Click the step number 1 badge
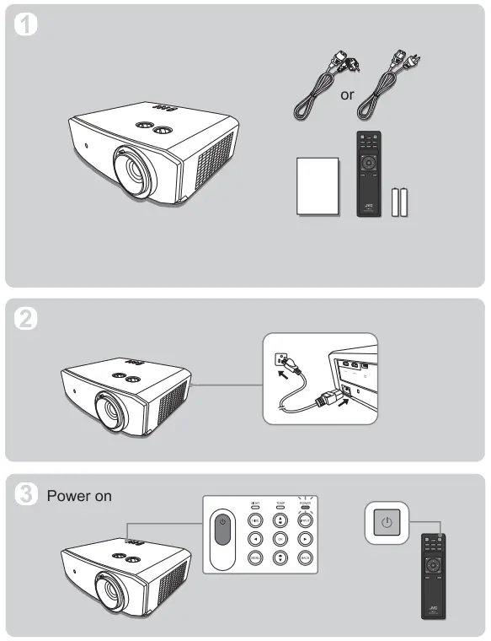tap(28, 26)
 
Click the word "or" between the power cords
tap(347, 94)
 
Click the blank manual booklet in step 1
tap(318, 186)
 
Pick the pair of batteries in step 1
tap(400, 202)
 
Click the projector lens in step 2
tap(112, 408)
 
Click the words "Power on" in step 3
tap(79, 496)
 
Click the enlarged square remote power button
tap(386, 523)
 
